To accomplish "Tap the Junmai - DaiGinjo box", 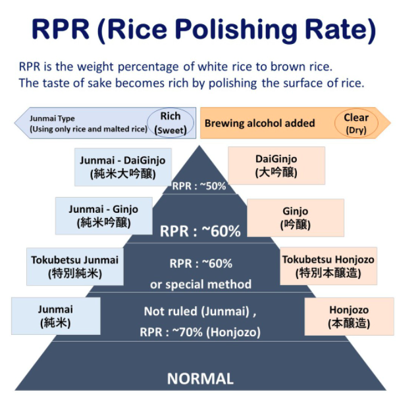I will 123,167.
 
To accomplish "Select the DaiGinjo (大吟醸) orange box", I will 276,166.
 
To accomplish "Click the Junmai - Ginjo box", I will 103,215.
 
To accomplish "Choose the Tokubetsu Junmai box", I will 74,266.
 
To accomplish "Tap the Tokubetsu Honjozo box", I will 328,266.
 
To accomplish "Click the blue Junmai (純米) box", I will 55,316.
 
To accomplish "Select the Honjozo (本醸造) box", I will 349,317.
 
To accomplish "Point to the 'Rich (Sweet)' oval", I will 171,123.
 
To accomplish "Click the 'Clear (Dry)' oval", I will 355,123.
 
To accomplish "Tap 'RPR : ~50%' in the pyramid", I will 199,186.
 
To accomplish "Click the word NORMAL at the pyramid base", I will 200,378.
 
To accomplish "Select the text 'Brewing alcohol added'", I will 259,123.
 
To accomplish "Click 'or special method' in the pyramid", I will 201,284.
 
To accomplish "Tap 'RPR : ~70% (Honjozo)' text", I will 200,332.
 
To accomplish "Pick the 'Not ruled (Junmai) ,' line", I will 200,311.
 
